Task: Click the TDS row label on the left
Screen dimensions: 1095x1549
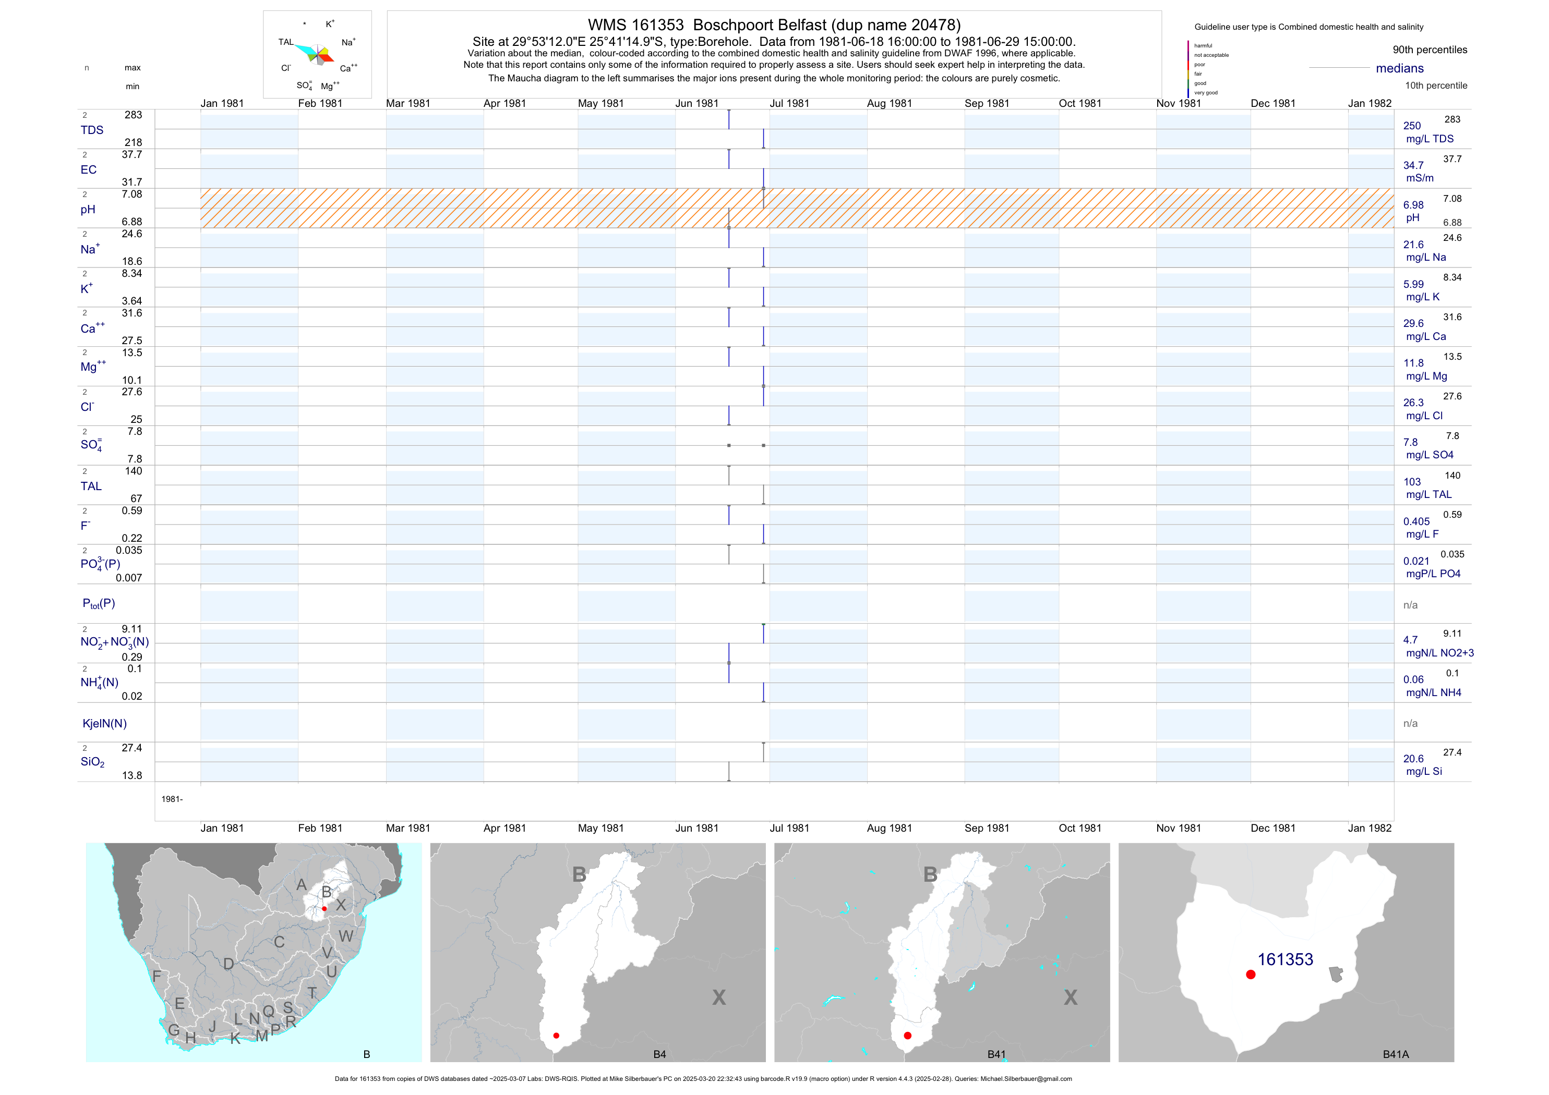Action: [x=92, y=130]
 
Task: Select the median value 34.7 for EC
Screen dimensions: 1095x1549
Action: [x=1413, y=165]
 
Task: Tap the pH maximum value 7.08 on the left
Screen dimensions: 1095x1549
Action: [x=131, y=194]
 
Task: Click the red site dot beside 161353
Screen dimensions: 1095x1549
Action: [x=1250, y=975]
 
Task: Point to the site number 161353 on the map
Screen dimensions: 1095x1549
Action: [x=1284, y=959]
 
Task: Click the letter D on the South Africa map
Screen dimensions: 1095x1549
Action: [x=229, y=964]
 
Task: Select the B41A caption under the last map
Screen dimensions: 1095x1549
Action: [x=1395, y=1054]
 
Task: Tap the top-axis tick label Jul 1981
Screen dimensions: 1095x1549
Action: [x=789, y=103]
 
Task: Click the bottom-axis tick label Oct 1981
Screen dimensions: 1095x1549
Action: [x=1079, y=828]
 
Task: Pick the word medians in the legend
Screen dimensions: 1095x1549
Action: [x=1399, y=68]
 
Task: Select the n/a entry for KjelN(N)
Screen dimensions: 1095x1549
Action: [x=1410, y=724]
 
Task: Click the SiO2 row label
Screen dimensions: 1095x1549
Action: [x=92, y=762]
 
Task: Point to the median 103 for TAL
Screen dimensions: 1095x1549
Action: [x=1411, y=482]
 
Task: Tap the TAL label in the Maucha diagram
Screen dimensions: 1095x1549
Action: [x=286, y=42]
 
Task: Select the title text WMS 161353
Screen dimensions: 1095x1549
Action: [x=635, y=25]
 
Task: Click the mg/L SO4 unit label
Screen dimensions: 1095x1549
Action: [x=1429, y=455]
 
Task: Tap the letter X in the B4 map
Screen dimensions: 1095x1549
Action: [x=718, y=997]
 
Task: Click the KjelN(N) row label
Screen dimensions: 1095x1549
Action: [x=104, y=724]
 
